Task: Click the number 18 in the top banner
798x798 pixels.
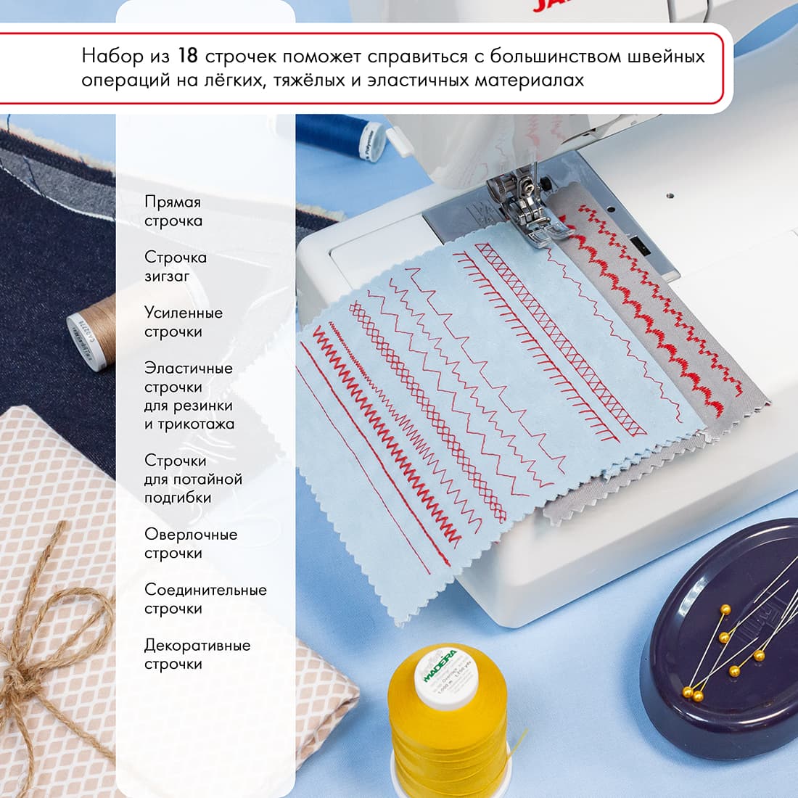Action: pos(188,57)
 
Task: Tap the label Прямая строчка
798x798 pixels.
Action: pos(173,211)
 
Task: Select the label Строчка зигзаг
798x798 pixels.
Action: pos(175,266)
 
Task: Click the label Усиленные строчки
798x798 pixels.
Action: pos(183,322)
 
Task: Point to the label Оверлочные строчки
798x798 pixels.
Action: pos(190,543)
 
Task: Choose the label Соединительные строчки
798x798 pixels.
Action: pos(205,599)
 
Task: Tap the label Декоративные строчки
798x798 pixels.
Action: pos(197,654)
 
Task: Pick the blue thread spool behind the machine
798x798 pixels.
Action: pos(341,134)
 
